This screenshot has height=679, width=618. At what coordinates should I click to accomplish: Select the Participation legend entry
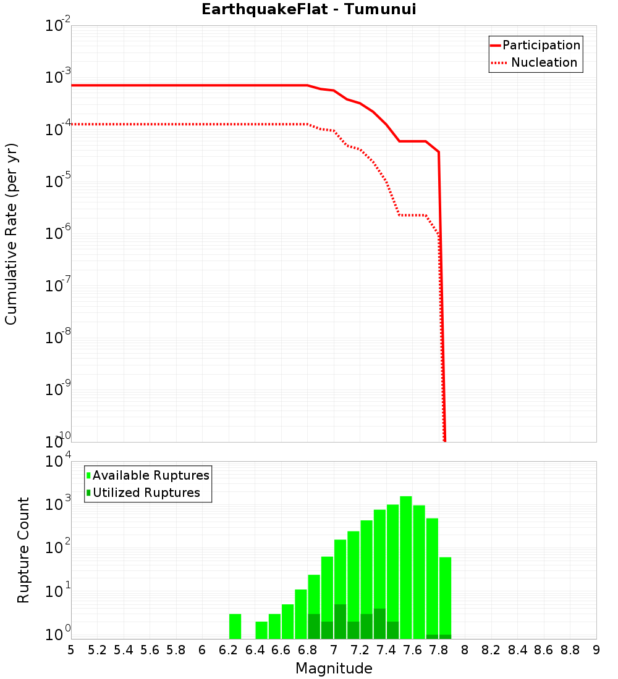[x=535, y=45]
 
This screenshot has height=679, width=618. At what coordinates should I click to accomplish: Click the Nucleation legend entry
[x=535, y=62]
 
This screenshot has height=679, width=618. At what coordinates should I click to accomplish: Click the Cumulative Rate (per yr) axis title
[x=11, y=234]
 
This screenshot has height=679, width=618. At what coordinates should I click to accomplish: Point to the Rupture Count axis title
[x=23, y=550]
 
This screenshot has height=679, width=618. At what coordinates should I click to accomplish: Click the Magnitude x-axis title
[x=334, y=669]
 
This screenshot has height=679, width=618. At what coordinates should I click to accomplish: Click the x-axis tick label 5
[x=71, y=650]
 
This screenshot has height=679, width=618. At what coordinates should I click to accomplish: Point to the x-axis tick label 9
[x=596, y=650]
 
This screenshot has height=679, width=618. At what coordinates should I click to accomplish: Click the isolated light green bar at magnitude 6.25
[x=235, y=626]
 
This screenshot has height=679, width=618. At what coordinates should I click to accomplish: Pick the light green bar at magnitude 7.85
[x=445, y=596]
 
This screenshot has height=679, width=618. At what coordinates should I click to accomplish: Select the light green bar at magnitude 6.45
[x=261, y=630]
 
